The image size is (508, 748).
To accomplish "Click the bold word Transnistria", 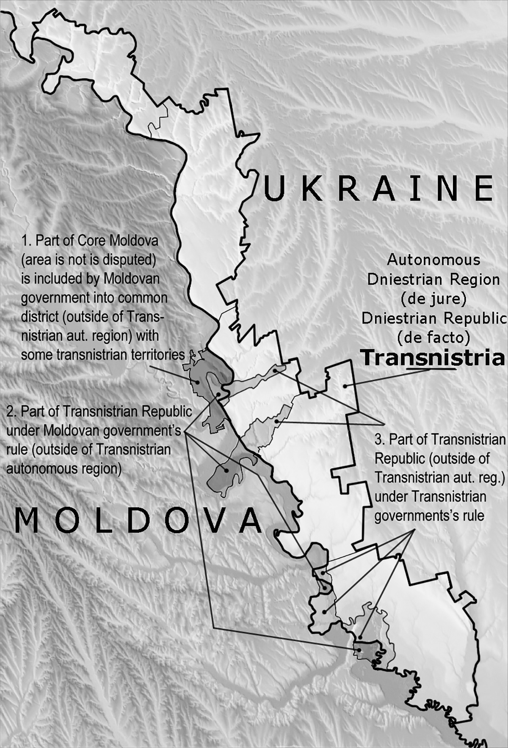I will (433, 358).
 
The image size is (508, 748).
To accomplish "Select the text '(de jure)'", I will (433, 299).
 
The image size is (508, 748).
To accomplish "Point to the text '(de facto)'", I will (433, 337).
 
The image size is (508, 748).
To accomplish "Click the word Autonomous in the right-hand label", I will (433, 260).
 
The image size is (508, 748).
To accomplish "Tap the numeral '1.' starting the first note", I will (27, 241).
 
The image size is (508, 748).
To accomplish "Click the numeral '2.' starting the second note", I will (12, 411).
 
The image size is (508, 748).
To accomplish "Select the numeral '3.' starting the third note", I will (380, 439).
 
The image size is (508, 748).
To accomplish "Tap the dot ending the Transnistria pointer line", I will (345, 386).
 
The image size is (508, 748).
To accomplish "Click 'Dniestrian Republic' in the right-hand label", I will (433, 318).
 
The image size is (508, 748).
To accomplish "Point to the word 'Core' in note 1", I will (94, 241).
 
